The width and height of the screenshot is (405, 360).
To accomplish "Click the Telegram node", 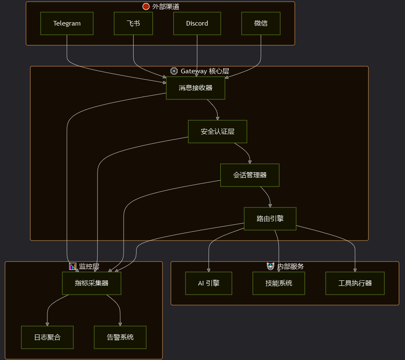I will (67, 23).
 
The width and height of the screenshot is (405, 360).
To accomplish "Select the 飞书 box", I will (133, 23).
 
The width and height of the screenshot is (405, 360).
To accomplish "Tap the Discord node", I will (197, 23).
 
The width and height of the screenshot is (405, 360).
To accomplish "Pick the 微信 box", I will (261, 23).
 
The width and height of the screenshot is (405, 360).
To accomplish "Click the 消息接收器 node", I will (196, 88).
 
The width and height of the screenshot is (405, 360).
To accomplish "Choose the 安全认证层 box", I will (217, 132).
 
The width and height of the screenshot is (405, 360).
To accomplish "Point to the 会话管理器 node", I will (250, 175).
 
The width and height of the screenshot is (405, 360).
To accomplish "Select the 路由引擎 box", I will (270, 219).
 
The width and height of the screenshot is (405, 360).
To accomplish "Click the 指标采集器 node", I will (91, 283).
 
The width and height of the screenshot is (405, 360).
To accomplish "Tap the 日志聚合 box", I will (47, 337).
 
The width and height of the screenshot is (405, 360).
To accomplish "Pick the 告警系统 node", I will (120, 337).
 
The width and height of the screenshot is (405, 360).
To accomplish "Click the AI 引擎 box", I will (209, 283).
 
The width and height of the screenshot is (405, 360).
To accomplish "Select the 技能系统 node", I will (279, 283).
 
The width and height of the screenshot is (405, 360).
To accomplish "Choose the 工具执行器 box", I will (355, 283).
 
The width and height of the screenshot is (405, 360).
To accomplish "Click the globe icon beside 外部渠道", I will (146, 6).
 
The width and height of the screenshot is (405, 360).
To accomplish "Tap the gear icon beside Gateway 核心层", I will (174, 71).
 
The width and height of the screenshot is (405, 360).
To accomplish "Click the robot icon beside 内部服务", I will (271, 266).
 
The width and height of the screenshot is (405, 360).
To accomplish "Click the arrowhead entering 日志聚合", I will (47, 324).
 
